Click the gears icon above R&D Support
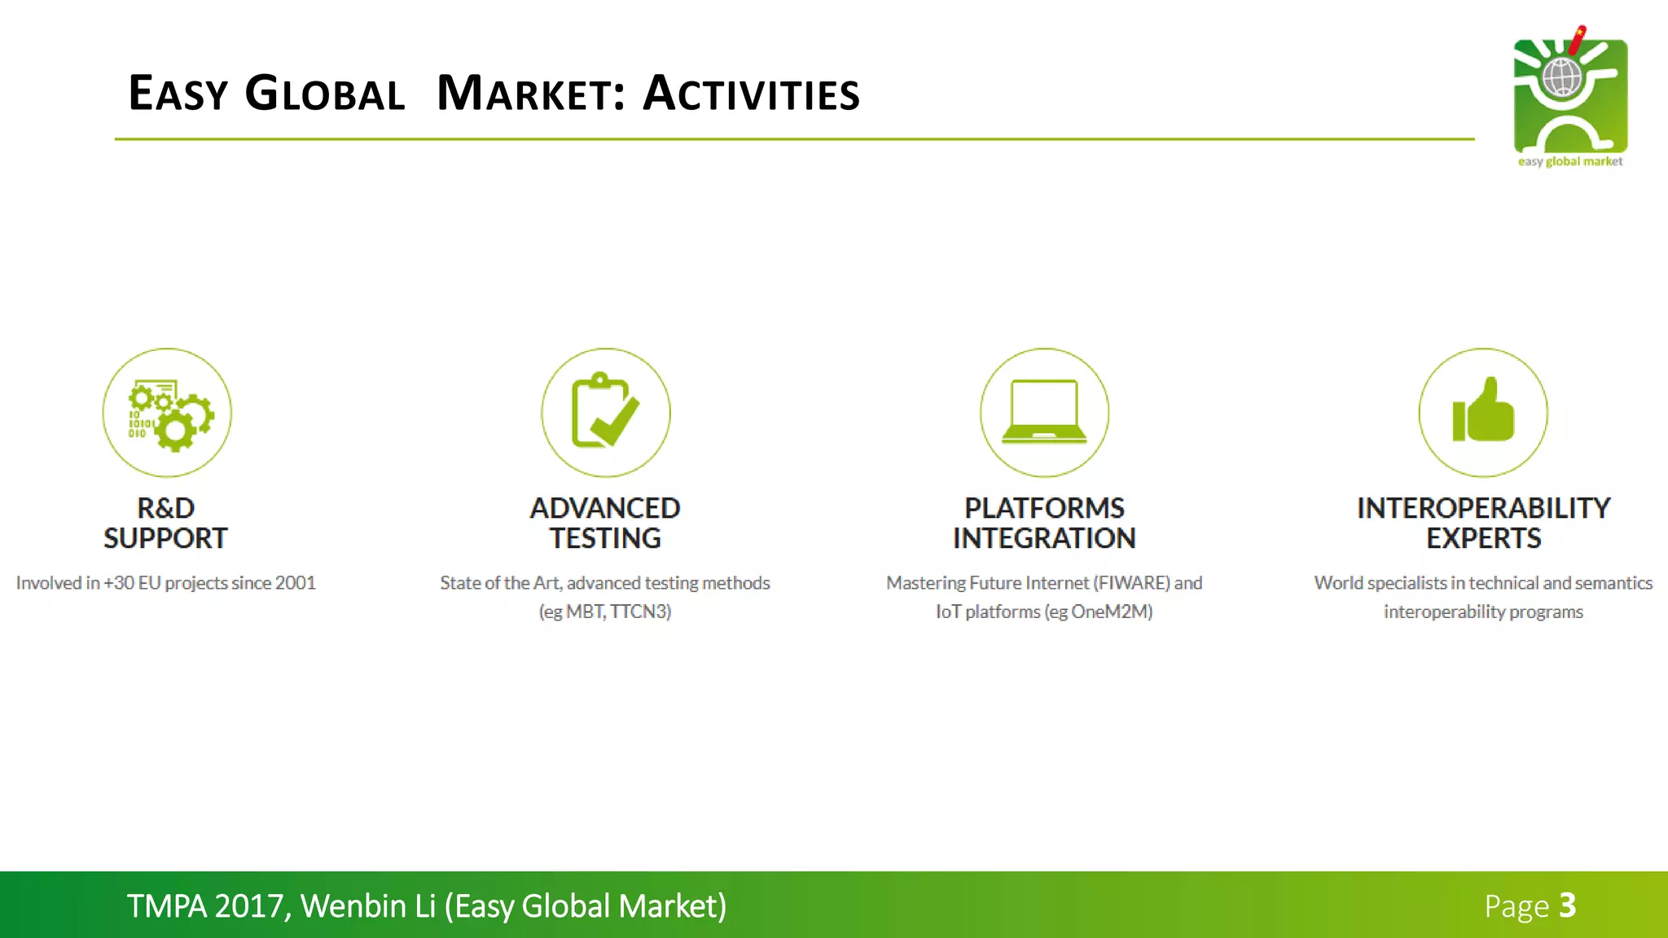(x=167, y=413)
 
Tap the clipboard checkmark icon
(x=605, y=413)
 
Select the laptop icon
(x=1044, y=413)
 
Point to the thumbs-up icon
(x=1483, y=413)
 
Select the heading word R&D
(x=166, y=508)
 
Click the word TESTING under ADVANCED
(x=605, y=538)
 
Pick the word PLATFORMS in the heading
(x=1044, y=508)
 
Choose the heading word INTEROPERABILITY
(x=1483, y=508)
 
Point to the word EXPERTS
(x=1483, y=538)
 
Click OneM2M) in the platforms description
(x=1112, y=611)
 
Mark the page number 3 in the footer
(x=1568, y=905)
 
